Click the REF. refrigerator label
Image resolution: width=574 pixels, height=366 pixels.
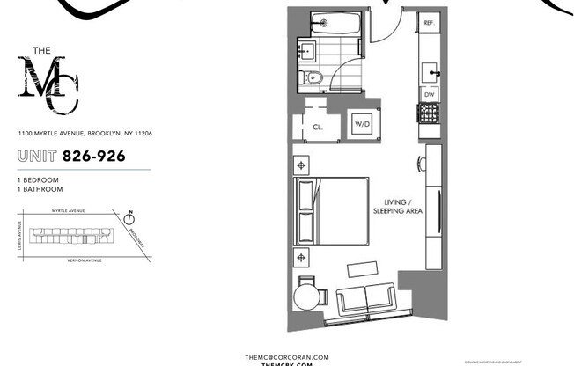pos(430,23)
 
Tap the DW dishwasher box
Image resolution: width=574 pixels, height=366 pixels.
pos(430,93)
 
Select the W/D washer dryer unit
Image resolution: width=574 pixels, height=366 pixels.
pos(362,126)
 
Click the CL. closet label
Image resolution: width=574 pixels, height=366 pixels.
pos(317,127)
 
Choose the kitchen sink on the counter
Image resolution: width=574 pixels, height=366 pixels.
pos(430,68)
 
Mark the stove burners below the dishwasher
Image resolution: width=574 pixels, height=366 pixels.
pos(430,113)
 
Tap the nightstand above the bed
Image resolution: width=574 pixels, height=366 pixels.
pos(303,165)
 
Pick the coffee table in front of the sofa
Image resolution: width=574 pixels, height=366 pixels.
pos(363,267)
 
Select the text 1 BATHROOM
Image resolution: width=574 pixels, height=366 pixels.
pos(40,189)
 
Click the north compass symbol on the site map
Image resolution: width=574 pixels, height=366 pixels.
pos(129,214)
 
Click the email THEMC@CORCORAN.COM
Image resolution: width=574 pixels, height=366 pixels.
pos(287,356)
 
